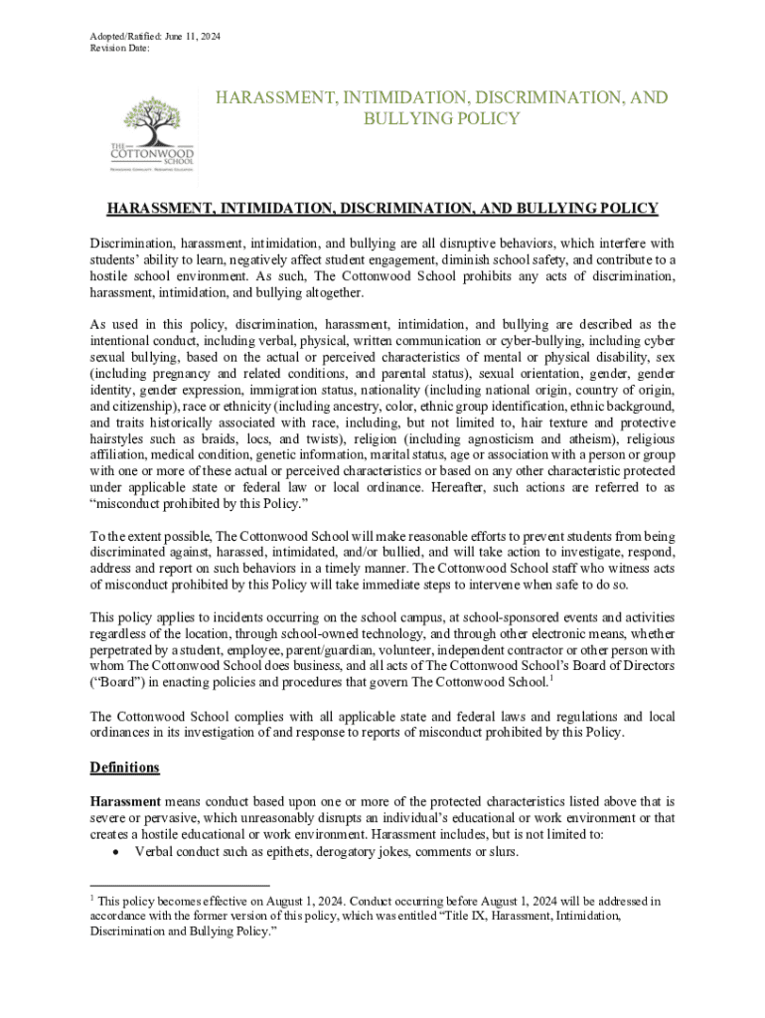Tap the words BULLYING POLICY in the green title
[442, 119]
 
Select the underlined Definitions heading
[124, 768]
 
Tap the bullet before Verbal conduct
[118, 853]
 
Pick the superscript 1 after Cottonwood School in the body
[551, 678]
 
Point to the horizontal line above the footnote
[179, 884]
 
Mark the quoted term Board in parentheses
[117, 683]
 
